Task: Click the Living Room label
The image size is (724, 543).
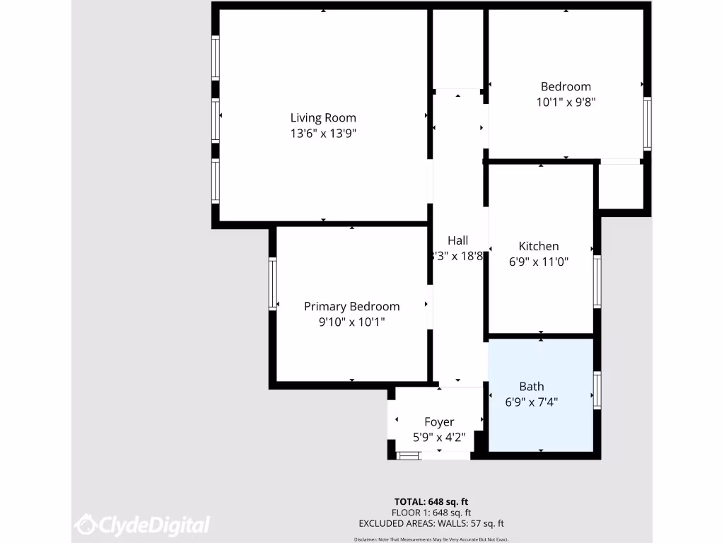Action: coord(323,118)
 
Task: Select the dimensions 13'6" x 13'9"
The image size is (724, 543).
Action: coord(323,134)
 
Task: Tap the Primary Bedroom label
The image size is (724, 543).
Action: coord(351,306)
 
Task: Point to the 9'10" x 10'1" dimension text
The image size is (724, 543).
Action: coord(351,322)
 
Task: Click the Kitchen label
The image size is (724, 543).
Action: coord(539,246)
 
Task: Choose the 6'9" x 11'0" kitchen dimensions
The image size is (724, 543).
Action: coord(539,262)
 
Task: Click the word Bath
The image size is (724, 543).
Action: coord(532,386)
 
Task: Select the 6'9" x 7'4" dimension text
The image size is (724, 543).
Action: coord(532,402)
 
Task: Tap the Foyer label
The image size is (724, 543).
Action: coord(439,422)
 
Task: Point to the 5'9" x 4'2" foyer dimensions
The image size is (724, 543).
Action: coord(439,438)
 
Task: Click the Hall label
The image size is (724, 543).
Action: coord(457,240)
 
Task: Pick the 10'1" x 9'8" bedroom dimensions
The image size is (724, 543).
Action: coord(566,102)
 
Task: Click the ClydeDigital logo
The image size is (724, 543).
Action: coord(143,525)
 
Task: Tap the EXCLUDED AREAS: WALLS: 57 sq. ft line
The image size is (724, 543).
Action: coord(431,524)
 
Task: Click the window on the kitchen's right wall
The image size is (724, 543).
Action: coord(597,281)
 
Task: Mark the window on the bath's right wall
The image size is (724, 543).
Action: coord(597,390)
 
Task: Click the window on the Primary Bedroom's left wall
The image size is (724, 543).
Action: coord(272,284)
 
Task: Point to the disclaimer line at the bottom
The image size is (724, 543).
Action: coord(431,539)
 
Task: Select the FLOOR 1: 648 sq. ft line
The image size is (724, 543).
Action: coord(431,513)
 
